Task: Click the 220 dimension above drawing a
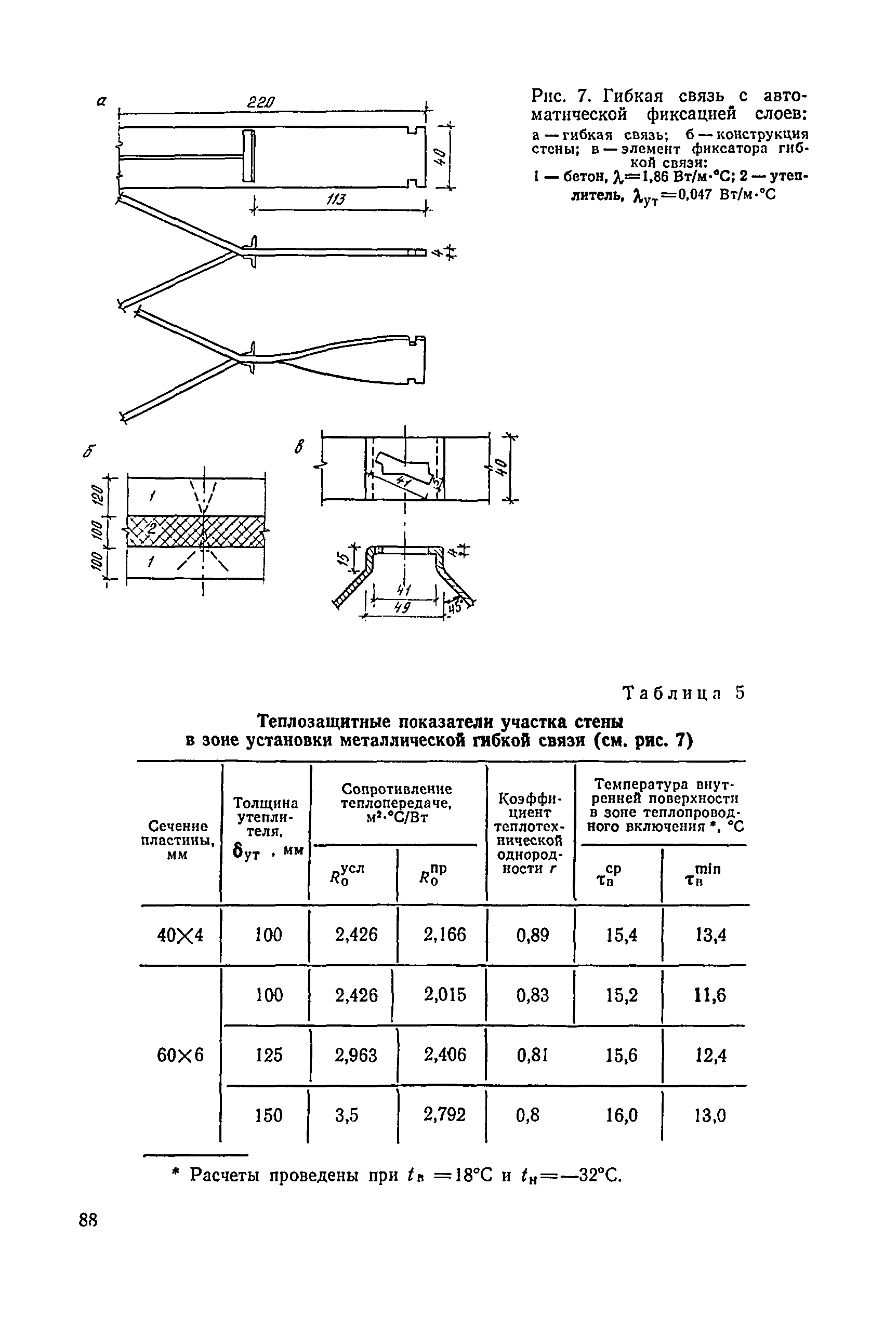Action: pyautogui.click(x=260, y=104)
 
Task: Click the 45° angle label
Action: pyautogui.click(x=454, y=609)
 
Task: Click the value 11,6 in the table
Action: pyautogui.click(x=710, y=995)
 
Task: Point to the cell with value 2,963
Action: pyautogui.click(x=356, y=1055)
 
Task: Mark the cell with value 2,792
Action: pyautogui.click(x=444, y=1114)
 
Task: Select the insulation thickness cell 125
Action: pyautogui.click(x=268, y=1055)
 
